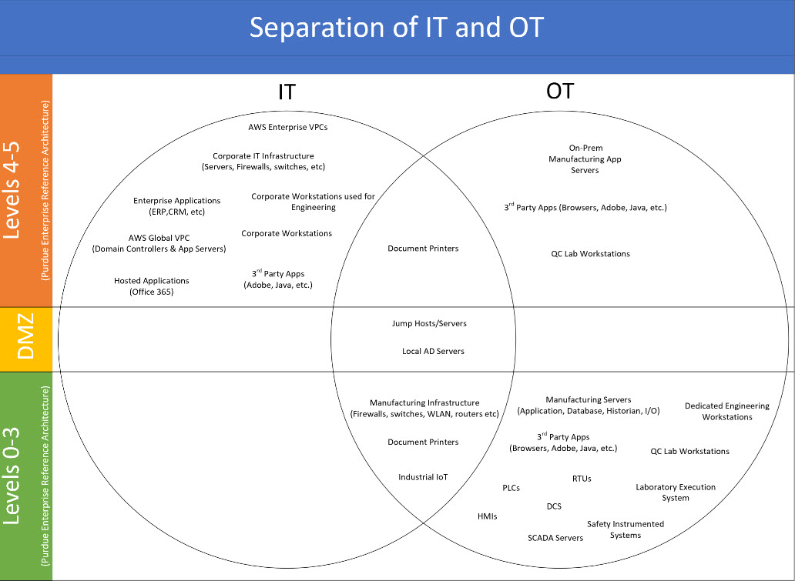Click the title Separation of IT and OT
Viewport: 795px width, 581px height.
(x=397, y=28)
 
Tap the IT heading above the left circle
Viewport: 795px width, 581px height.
(x=287, y=92)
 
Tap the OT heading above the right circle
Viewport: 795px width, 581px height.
(x=559, y=91)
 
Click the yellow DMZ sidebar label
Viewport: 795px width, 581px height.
(x=25, y=339)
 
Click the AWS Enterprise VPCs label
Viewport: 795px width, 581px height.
(x=287, y=127)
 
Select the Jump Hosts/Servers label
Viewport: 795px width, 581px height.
(x=429, y=324)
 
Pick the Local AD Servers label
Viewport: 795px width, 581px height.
(x=433, y=351)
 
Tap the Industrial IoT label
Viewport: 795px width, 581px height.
(x=423, y=477)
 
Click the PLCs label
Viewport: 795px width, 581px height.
(x=512, y=488)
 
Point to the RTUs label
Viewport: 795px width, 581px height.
(x=582, y=479)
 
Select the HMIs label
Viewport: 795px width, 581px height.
(x=487, y=516)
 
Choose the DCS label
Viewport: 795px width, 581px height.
(x=554, y=506)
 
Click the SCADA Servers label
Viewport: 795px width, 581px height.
(x=555, y=538)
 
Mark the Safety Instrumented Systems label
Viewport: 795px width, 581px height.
(x=625, y=529)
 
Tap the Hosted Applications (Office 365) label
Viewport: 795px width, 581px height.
(x=152, y=286)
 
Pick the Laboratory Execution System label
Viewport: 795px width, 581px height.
(x=676, y=493)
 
